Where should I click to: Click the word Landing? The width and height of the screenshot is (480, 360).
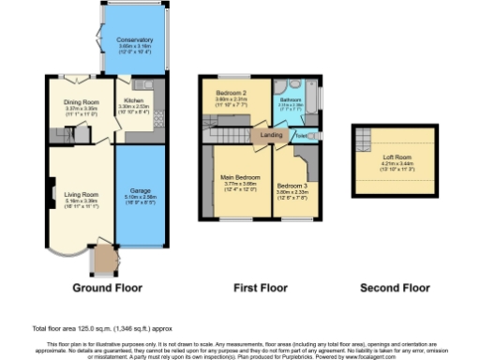click(x=272, y=134)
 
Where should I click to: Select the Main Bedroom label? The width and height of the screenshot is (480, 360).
click(x=240, y=177)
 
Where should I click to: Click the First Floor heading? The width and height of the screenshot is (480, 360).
click(x=258, y=287)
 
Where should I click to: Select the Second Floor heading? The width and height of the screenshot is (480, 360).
click(x=395, y=287)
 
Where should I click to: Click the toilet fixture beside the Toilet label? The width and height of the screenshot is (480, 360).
click(x=312, y=134)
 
